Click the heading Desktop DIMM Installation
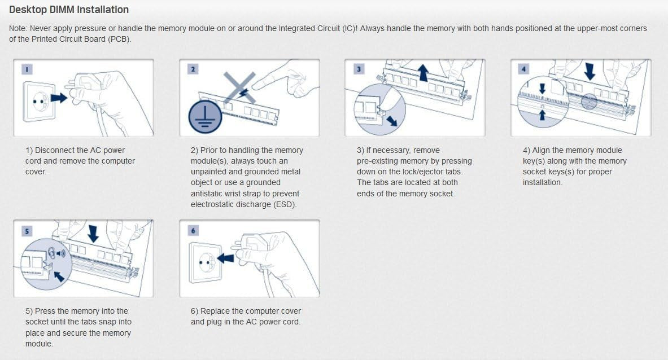[x=68, y=10]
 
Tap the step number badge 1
[x=27, y=69]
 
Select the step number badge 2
[x=193, y=69]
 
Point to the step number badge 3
[x=359, y=69]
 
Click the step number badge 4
[x=523, y=69]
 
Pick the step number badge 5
[x=27, y=231]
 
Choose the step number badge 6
[x=193, y=231]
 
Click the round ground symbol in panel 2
[x=205, y=116]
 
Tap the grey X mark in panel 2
[x=241, y=87]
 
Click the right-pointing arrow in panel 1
[x=59, y=98]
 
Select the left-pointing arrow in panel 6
[x=225, y=258]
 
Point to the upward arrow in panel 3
[x=423, y=72]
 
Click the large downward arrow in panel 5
[x=93, y=234]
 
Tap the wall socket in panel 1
[x=39, y=101]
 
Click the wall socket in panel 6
[x=205, y=262]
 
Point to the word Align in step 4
[x=540, y=150]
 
